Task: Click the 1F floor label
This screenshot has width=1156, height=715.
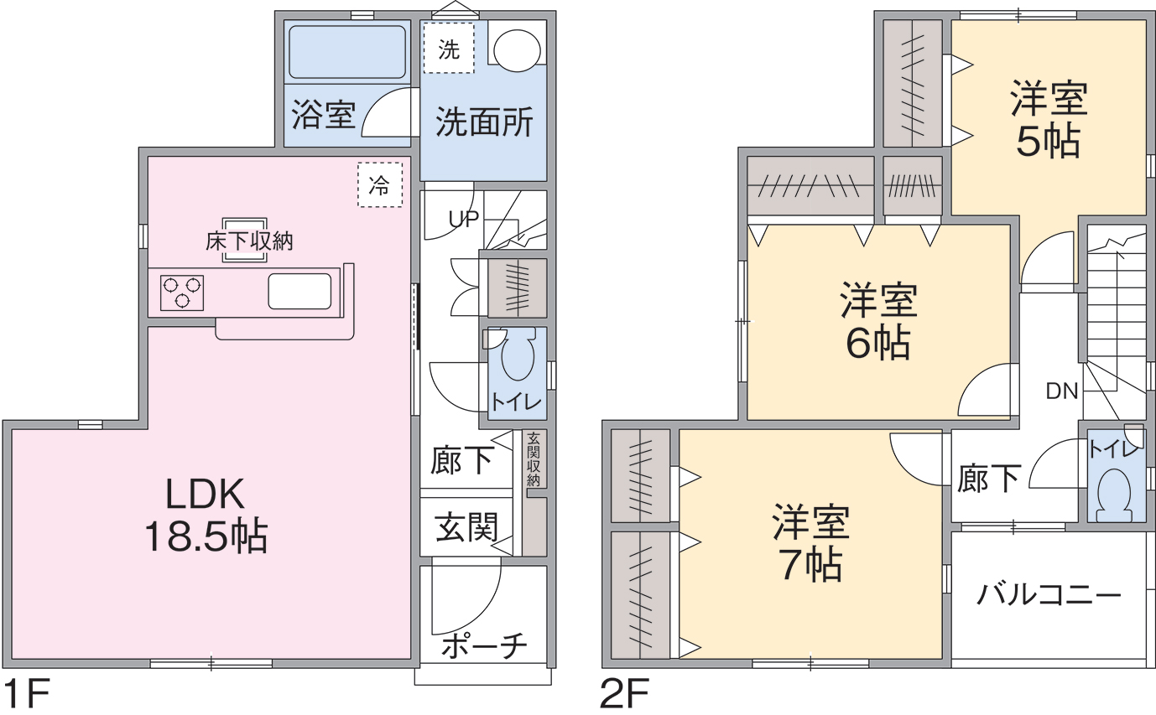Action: (26, 694)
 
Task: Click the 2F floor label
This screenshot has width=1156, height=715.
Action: (624, 694)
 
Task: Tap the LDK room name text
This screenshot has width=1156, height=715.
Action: (205, 495)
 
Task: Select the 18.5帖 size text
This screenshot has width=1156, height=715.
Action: (206, 536)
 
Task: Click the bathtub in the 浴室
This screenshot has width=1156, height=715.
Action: (347, 52)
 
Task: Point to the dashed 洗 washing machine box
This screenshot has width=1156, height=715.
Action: (449, 48)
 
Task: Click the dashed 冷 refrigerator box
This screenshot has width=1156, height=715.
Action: (380, 185)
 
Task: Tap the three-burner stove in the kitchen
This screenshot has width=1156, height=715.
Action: (182, 293)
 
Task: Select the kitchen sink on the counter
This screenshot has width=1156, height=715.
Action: (299, 291)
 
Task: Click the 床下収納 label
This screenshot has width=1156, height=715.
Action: (249, 241)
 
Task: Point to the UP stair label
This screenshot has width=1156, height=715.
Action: (463, 219)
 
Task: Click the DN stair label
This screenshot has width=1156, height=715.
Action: (1062, 391)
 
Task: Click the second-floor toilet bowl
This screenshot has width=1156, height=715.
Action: (1114, 491)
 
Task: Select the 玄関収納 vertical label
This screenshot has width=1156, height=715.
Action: (534, 459)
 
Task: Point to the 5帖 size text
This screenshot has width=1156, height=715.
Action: (1048, 140)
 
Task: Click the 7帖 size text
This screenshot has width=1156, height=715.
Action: (811, 564)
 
